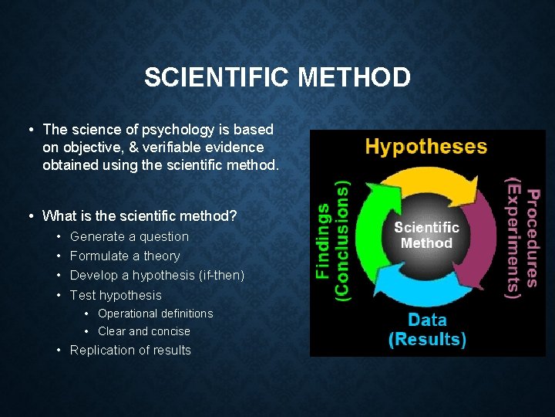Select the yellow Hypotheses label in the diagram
coord(425,147)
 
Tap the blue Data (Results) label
coord(426,330)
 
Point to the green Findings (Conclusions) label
coord(333,239)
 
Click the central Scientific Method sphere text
coord(426,235)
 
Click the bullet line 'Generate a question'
coord(129,237)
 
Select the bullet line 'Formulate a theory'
coord(124,256)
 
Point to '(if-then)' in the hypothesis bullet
coord(221,276)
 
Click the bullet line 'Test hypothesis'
coord(116,295)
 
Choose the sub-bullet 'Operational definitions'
coord(155,314)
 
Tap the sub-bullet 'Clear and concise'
coord(143,331)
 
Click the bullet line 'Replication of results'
coord(130,351)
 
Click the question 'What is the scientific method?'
coord(140,216)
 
